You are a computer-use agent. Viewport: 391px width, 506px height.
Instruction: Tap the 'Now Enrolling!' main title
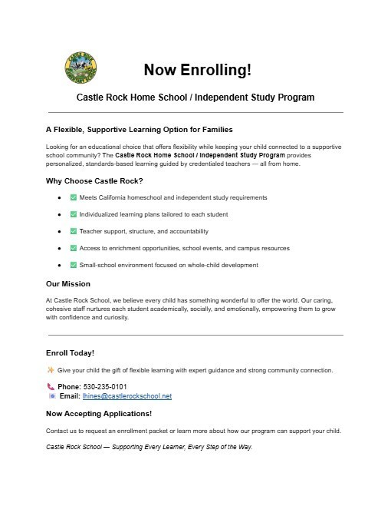point(197,71)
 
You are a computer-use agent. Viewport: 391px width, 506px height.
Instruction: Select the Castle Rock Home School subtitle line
point(195,98)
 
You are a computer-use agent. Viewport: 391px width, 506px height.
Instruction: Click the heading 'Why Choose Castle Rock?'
point(94,181)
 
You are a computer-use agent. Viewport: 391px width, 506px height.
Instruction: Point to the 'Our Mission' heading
point(68,283)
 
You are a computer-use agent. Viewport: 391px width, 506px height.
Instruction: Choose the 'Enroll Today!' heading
point(71,352)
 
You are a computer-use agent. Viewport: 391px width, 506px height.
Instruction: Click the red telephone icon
point(51,386)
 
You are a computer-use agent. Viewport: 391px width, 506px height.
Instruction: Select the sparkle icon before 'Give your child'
point(51,370)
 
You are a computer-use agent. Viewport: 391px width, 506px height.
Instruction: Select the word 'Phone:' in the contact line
point(69,386)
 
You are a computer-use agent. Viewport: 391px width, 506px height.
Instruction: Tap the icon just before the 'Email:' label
point(51,396)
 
